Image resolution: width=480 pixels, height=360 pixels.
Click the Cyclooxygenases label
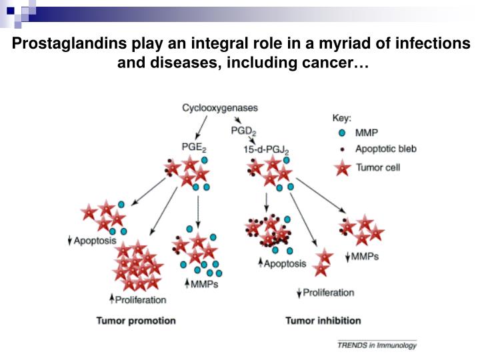tap(220, 107)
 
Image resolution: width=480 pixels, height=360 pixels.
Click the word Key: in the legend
tap(341, 117)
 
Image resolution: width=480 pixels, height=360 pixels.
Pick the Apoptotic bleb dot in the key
tap(342, 149)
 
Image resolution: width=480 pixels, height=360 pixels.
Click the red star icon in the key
tap(342, 167)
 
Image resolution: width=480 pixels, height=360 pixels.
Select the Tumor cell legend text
tap(378, 167)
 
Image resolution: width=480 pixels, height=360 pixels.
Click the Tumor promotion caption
tap(136, 321)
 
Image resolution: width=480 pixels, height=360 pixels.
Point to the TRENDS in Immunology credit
tap(377, 345)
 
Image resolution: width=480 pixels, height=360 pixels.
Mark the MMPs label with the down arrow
tap(364, 256)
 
